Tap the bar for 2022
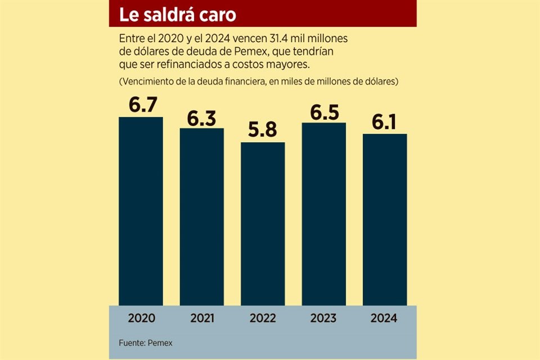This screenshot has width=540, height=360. (x=263, y=223)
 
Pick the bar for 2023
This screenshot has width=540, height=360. (x=323, y=214)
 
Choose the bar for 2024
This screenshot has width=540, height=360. (x=384, y=219)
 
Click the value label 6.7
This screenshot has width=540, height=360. (x=141, y=105)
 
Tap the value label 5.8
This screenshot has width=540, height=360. (x=263, y=130)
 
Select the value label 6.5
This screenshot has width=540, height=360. (x=323, y=111)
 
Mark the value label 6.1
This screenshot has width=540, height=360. (x=384, y=122)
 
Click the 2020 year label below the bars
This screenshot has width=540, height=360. (x=141, y=318)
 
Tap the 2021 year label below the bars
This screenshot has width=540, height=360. (x=201, y=318)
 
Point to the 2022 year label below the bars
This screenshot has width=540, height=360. (x=263, y=318)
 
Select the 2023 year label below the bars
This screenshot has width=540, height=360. (x=323, y=318)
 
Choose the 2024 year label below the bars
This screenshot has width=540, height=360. (x=384, y=318)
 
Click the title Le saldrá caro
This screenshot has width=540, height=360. (x=178, y=15)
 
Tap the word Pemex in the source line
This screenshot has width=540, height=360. (x=163, y=343)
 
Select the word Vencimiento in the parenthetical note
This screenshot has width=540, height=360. (x=147, y=82)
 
